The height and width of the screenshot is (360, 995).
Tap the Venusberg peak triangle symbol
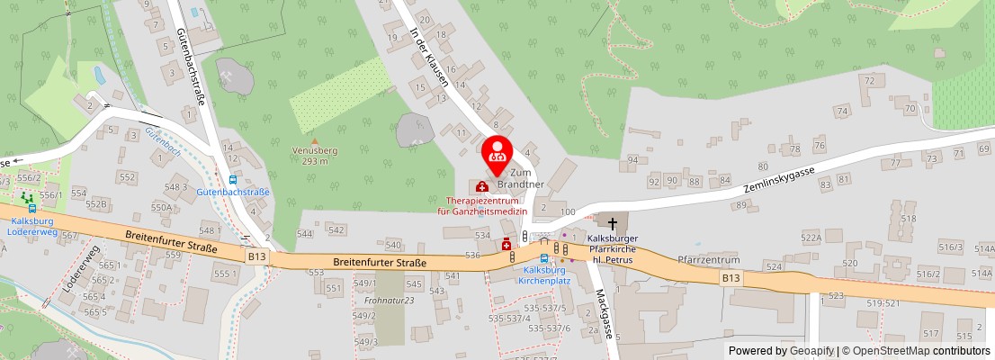click(314, 141)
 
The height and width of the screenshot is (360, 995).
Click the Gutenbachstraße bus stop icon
click(233, 179)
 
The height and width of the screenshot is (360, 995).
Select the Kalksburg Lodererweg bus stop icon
click(31, 208)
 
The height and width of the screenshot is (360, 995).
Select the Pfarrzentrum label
click(708, 259)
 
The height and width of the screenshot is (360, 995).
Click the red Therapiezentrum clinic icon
click(482, 186)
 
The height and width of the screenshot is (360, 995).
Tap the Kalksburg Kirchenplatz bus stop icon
click(543, 258)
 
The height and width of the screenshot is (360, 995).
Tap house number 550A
click(161, 207)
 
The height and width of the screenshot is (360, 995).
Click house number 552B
click(95, 203)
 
